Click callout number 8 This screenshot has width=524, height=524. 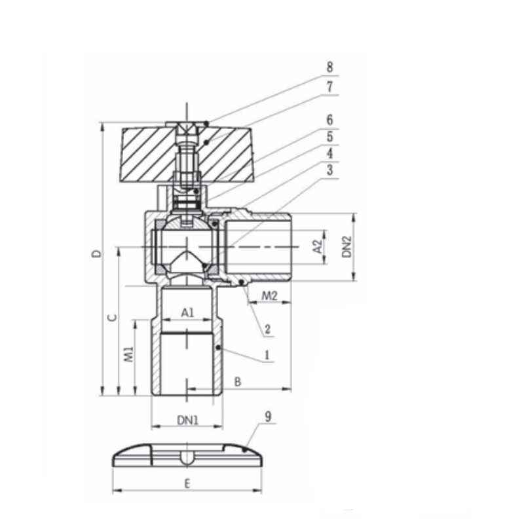[330, 67]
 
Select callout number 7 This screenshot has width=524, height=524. [330, 86]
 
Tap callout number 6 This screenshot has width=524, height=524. [330, 120]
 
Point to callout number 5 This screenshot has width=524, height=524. [330, 137]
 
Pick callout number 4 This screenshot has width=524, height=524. [330, 153]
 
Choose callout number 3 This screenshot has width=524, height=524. [330, 170]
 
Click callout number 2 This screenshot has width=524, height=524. [267, 329]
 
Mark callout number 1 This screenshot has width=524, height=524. [267, 355]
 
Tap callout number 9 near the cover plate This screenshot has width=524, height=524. [268, 417]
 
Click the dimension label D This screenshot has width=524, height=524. [96, 253]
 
